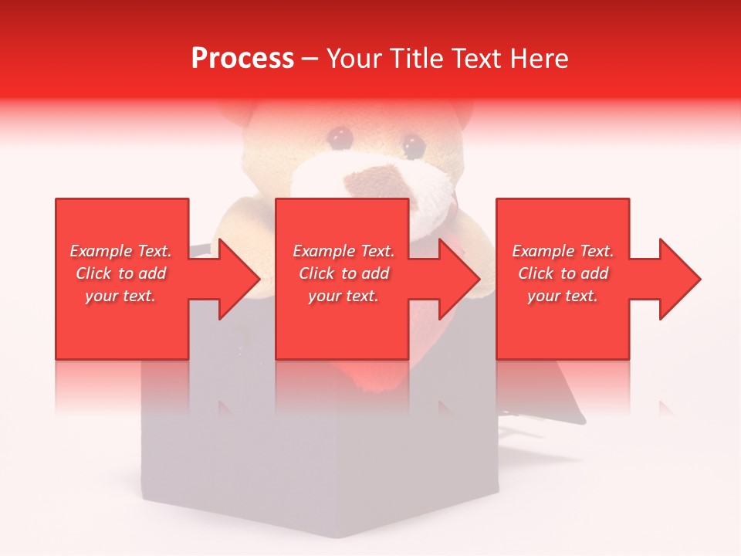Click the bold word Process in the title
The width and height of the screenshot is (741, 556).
242,59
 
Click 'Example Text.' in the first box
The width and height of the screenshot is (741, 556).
121,251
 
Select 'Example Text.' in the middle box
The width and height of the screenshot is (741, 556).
343,251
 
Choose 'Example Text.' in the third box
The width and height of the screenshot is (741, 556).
563,251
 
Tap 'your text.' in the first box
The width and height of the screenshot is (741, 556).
120,296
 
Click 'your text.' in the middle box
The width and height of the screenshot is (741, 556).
343,296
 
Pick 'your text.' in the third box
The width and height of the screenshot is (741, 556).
563,296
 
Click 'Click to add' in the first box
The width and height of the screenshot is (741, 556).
121,273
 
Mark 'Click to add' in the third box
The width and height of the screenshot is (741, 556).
563,273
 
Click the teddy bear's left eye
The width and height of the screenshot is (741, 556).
340,137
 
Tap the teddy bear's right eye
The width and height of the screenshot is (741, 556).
412,144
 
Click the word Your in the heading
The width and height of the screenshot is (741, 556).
355,59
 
